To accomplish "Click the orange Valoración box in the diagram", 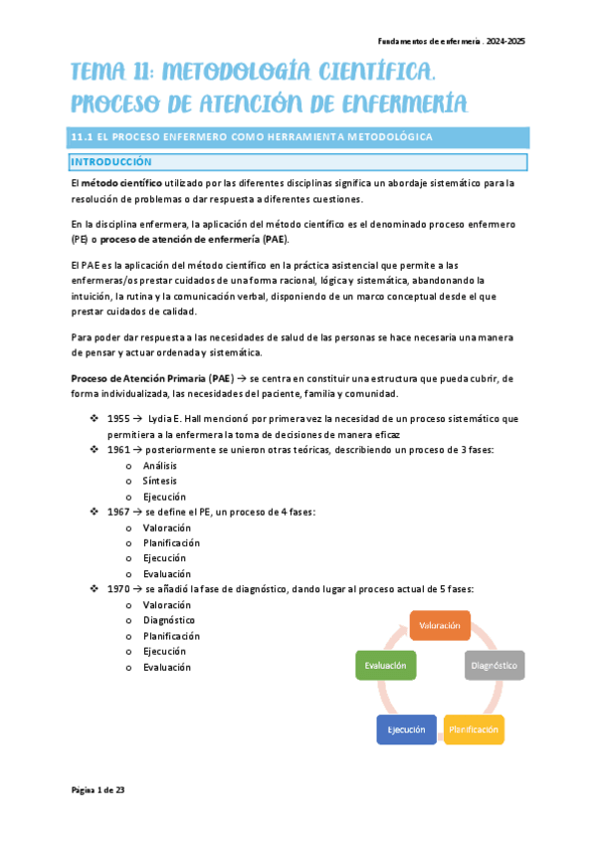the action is tap(440, 625).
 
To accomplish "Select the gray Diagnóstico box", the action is tap(495, 664).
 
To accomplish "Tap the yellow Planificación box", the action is tap(474, 730).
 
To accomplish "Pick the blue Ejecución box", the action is tap(406, 730).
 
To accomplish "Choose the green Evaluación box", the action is tap(385, 664).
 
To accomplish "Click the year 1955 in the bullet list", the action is tap(117, 419).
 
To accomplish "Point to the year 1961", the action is tap(117, 450).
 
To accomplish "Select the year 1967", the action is tap(117, 512).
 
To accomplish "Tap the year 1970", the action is tap(117, 589).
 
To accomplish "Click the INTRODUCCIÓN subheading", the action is tap(110, 161).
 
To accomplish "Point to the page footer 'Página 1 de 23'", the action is tap(98, 789).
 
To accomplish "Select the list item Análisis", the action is tap(160, 466).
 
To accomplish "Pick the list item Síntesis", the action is tap(160, 481).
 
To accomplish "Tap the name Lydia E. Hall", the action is tap(180, 419).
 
